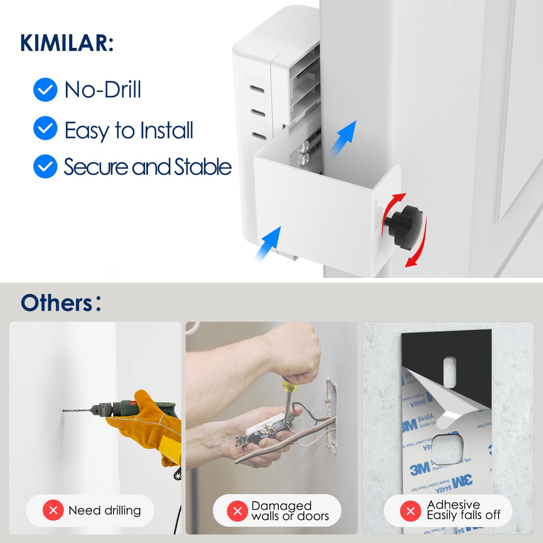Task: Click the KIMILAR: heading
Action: point(67,43)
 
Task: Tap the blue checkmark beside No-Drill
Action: point(45,90)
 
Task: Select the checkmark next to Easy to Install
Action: point(45,128)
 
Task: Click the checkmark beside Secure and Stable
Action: point(45,166)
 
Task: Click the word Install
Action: point(167,130)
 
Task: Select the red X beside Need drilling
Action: point(53,510)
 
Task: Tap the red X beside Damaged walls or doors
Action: point(238,511)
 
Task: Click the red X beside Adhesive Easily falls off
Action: point(410,511)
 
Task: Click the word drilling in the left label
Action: point(123,510)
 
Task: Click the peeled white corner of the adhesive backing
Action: point(451,407)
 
